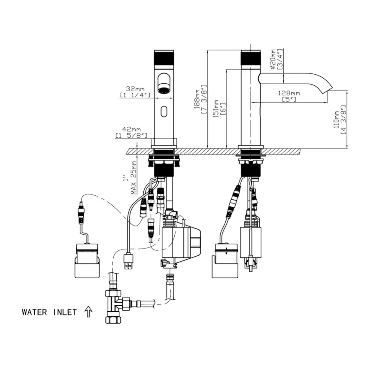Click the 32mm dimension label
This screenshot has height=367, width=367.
point(133,89)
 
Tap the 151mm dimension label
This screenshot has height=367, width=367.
point(217,110)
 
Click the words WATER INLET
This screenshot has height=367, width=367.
point(49,312)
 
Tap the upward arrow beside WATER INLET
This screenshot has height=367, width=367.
point(88,311)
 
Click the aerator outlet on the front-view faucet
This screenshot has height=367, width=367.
point(164,91)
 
